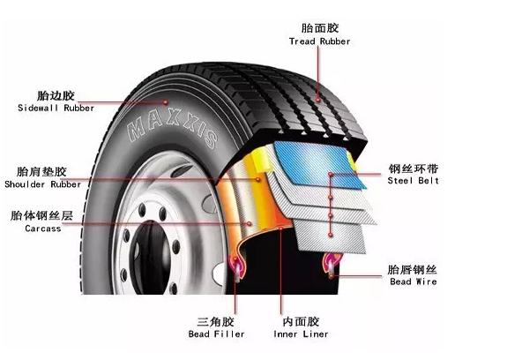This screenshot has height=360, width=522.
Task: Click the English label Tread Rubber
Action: coord(319,41)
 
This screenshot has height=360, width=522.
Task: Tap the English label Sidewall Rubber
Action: coord(56,108)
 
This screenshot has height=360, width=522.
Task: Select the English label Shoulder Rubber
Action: coord(42,184)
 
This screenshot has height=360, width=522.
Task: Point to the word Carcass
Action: coord(43,229)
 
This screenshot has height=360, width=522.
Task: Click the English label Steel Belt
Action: coord(414,181)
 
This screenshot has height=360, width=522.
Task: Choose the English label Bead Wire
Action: coord(414,281)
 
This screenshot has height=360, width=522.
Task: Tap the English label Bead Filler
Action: coord(216,334)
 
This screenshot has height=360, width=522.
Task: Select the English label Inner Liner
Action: coord(301,334)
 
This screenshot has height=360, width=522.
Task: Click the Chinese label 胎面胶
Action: coord(320,28)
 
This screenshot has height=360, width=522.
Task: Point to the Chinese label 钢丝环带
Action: coord(414,169)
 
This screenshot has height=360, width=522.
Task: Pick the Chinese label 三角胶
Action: coord(216,322)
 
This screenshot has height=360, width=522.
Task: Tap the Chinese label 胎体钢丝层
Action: coord(41,215)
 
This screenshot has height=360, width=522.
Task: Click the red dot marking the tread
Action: coord(318,99)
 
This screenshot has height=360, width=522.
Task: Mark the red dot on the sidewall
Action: coord(165,101)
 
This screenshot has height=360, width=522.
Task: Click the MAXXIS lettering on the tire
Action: coord(173,128)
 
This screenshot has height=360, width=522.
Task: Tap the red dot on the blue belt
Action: coord(331,174)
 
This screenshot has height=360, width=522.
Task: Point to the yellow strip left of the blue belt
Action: coord(261,160)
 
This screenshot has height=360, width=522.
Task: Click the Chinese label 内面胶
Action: coord(301,322)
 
